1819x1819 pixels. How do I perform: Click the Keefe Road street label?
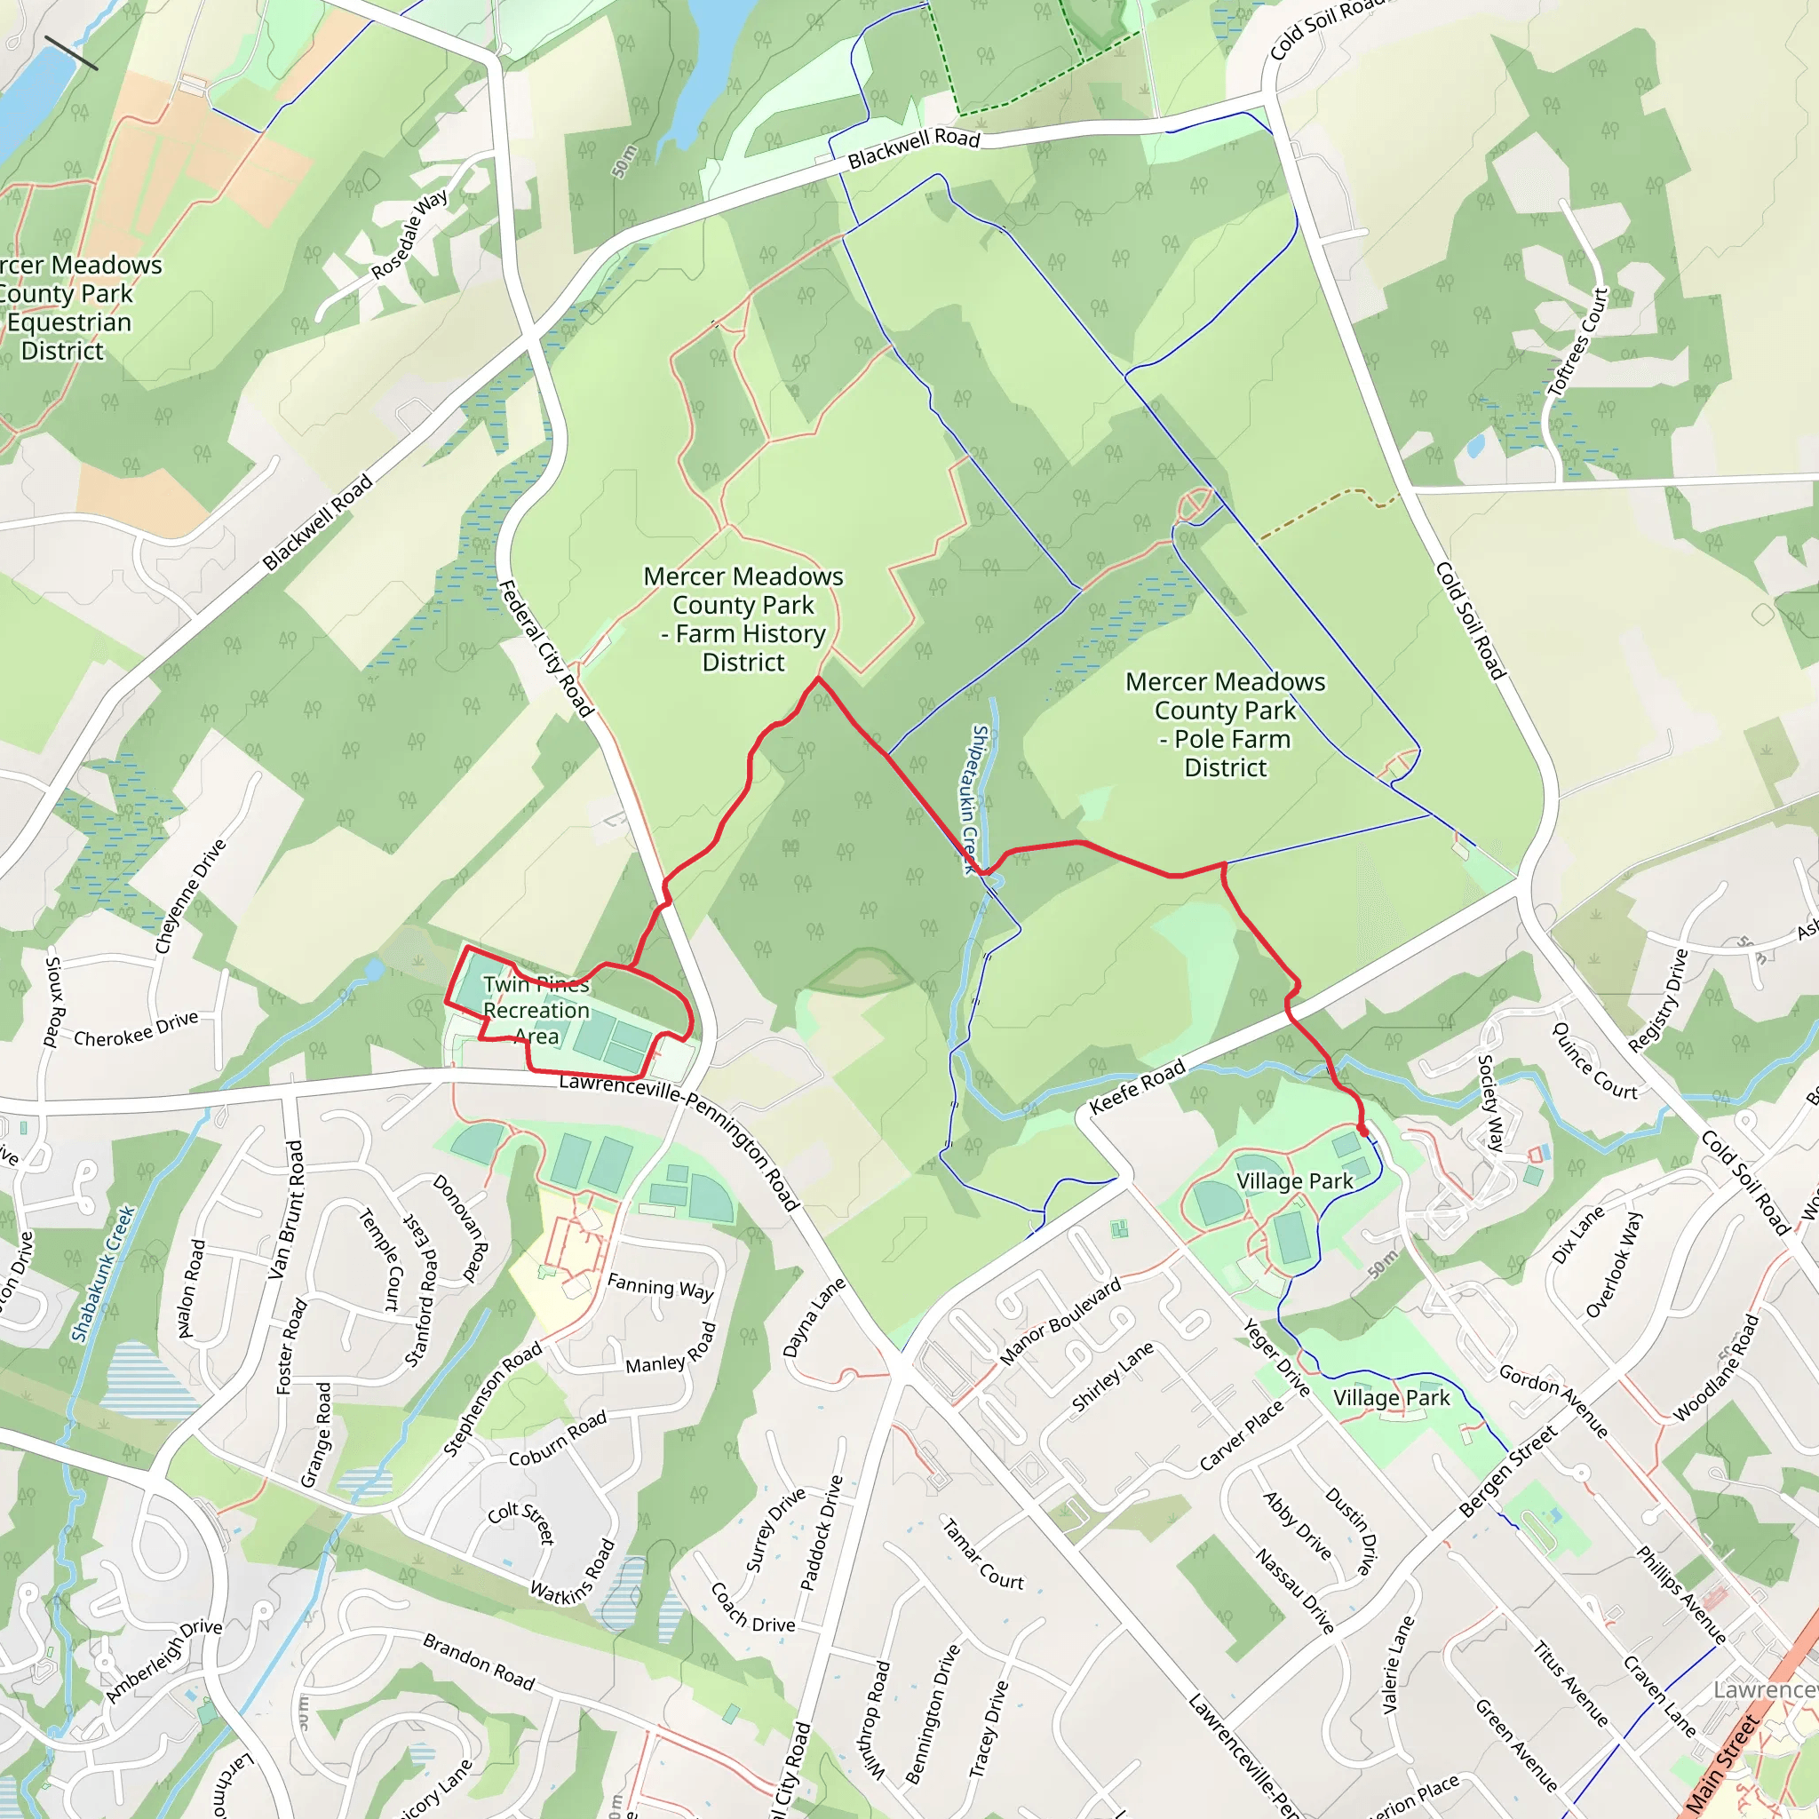[1136, 1087]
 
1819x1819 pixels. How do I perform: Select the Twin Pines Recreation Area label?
[536, 1010]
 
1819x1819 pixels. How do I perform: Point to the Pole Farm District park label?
[1225, 724]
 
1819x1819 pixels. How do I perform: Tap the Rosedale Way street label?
[409, 234]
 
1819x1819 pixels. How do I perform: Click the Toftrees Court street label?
[1579, 342]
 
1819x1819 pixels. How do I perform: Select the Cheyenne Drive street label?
[191, 895]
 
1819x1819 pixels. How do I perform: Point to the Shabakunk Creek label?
[104, 1273]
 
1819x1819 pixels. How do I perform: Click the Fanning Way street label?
[660, 1286]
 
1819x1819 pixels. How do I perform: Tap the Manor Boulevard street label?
[1060, 1321]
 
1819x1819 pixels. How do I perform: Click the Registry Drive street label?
[1659, 1000]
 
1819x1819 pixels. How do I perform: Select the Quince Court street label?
[1594, 1061]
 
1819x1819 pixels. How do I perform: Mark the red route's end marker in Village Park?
[1362, 1129]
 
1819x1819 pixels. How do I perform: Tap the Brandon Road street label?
[479, 1662]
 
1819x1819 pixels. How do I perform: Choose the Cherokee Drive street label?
[136, 1029]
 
